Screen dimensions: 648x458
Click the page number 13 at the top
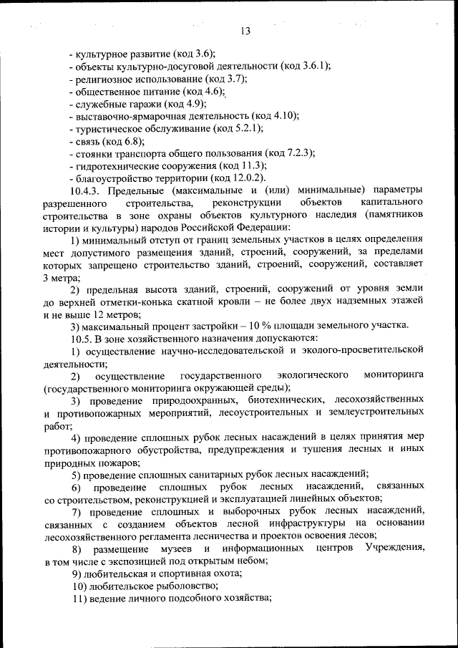pos(245,31)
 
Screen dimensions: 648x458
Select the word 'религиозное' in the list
pos(107,79)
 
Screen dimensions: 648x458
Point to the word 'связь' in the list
pos(88,141)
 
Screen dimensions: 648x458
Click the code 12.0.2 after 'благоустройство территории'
pos(246,178)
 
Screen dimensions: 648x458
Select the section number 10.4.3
pos(87,190)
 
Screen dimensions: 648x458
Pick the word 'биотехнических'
pos(311,400)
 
